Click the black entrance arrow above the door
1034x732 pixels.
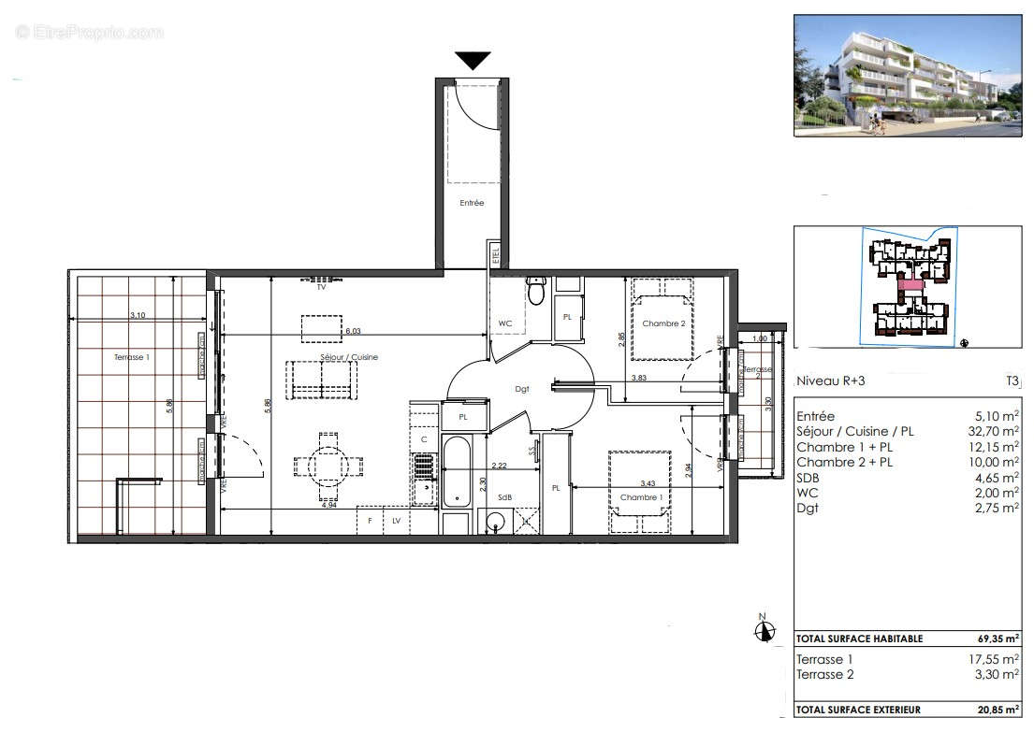tap(473, 61)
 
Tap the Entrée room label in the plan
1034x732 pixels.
tap(472, 203)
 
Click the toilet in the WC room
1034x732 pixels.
tap(536, 293)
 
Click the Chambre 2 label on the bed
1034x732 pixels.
tap(663, 324)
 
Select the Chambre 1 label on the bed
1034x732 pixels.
tap(640, 497)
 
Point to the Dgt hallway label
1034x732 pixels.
tap(522, 389)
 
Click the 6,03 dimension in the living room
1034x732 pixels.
tap(353, 330)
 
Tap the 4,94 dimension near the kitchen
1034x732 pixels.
tap(328, 504)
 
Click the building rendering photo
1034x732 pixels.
tap(908, 76)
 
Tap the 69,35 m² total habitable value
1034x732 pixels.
tap(998, 639)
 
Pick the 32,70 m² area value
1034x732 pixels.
tap(995, 432)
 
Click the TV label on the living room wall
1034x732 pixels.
tap(321, 288)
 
